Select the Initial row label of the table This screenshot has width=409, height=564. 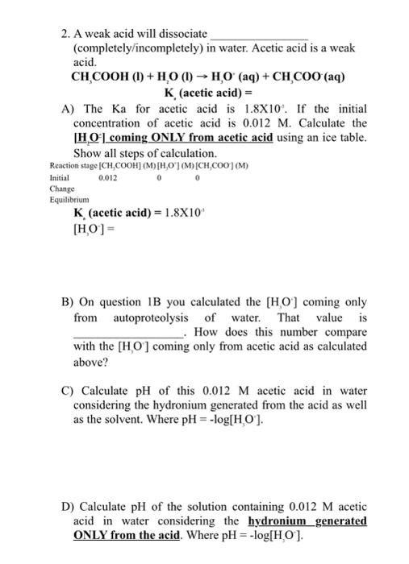(60, 178)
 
